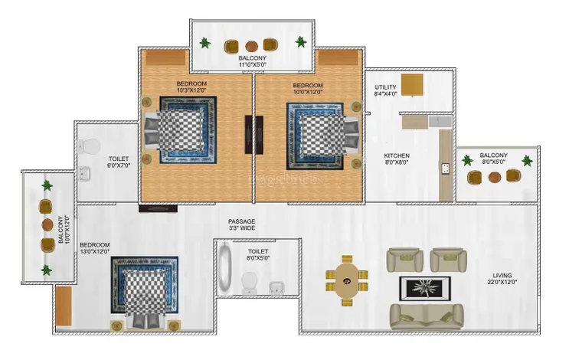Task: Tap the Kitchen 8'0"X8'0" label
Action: click(397, 159)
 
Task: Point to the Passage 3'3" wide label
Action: click(242, 224)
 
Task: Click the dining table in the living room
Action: click(347, 280)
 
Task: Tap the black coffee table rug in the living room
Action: click(425, 289)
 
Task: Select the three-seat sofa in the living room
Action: click(427, 316)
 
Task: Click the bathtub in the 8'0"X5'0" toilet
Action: click(225, 268)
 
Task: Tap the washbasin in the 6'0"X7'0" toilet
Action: click(84, 173)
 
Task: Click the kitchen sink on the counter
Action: click(445, 169)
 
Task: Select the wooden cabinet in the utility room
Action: click(412, 85)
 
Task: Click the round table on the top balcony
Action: click(251, 46)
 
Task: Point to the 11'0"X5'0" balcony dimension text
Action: click(252, 64)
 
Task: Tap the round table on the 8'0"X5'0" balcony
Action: click(495, 177)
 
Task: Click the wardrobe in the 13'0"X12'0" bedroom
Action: click(64, 306)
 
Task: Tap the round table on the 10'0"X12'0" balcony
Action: click(47, 225)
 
